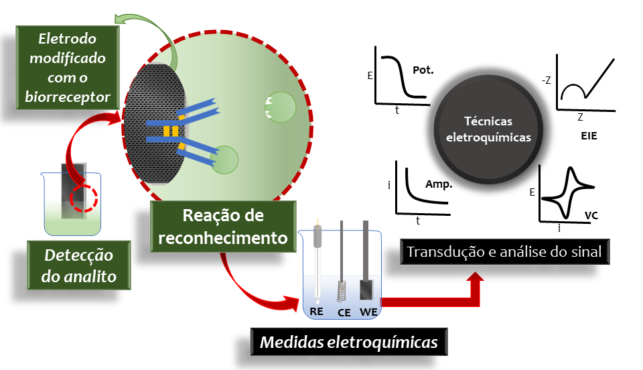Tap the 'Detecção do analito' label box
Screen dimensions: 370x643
79,266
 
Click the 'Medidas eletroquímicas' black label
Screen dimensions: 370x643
348,343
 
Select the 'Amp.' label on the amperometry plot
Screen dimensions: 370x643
439,184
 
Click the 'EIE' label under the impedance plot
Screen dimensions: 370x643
589,135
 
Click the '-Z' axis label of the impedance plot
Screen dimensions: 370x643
547,82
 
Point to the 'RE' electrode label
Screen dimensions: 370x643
317,312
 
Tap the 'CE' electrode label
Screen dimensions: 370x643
344,312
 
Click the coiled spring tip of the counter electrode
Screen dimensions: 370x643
343,291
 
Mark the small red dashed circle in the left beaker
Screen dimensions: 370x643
85,200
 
